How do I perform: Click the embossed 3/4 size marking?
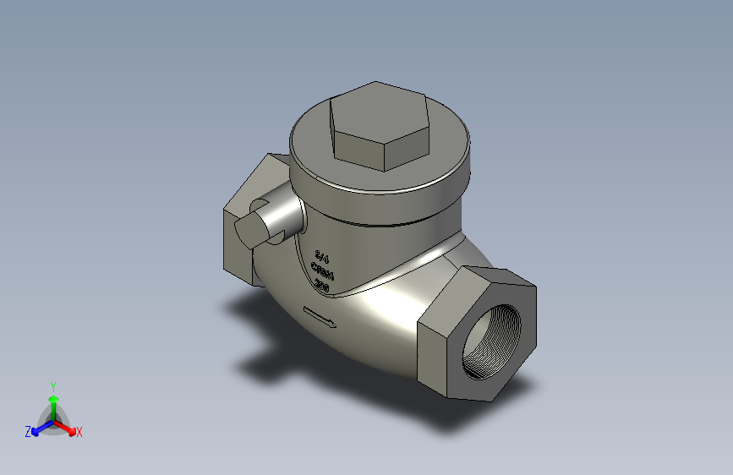pyautogui.click(x=322, y=254)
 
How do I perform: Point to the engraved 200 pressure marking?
pyautogui.click(x=322, y=287)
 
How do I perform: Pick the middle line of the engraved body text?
pyautogui.click(x=323, y=270)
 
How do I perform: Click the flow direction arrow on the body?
pyautogui.click(x=320, y=318)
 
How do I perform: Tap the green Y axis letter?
pyautogui.click(x=52, y=385)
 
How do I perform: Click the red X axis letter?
pyautogui.click(x=79, y=433)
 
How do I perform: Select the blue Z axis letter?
pyautogui.click(x=28, y=432)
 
